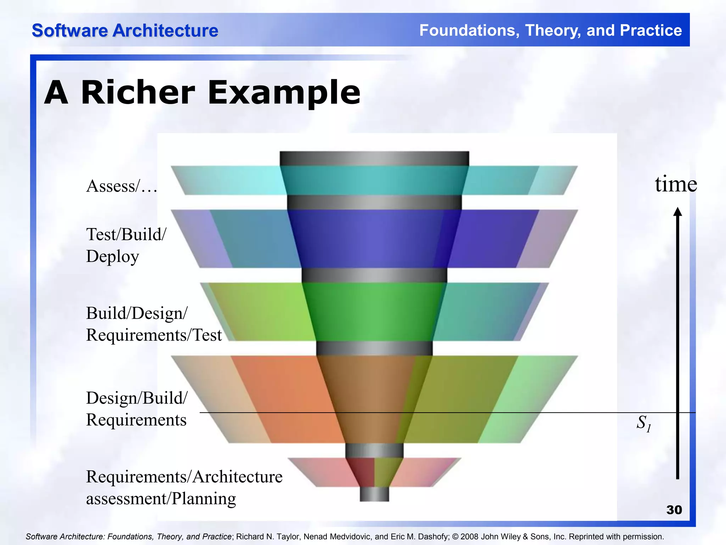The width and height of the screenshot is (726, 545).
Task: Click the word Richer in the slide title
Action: click(138, 93)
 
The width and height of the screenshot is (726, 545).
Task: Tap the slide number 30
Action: click(674, 510)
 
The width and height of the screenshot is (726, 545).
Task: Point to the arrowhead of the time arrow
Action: click(677, 212)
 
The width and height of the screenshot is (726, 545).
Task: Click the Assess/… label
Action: click(122, 186)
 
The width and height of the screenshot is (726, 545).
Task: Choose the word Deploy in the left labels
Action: click(112, 257)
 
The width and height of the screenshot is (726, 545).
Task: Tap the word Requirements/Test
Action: click(154, 335)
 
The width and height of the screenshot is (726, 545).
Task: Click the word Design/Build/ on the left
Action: click(137, 398)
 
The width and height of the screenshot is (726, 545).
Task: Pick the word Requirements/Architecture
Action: click(184, 477)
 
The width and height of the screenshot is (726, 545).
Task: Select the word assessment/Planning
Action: click(161, 499)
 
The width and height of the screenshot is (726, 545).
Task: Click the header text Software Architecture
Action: click(125, 31)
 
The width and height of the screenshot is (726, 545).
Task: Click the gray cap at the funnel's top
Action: click(374, 158)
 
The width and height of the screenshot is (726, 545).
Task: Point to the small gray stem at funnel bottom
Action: click(374, 494)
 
